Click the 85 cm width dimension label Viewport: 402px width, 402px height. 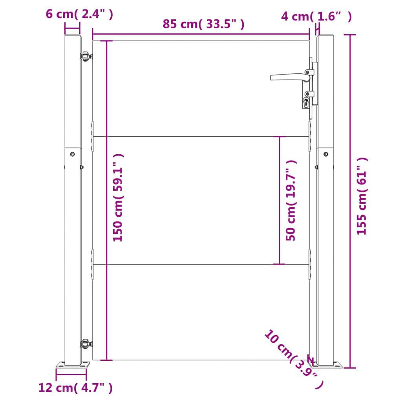click(204, 24)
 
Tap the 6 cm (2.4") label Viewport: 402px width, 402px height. click(79, 14)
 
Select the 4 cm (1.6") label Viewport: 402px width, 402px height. click(316, 16)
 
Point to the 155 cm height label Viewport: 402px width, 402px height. click(362, 196)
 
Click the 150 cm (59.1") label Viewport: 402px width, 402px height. click(118, 198)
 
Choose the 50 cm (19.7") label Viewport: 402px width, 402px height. click(291, 201)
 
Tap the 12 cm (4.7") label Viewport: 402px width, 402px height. click(75, 387)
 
